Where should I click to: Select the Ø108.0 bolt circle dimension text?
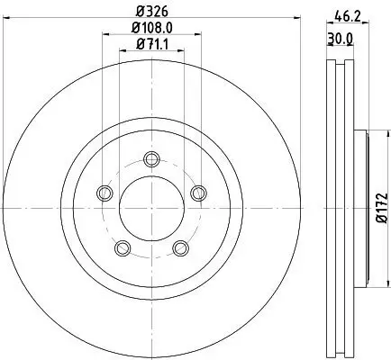tap(150, 29)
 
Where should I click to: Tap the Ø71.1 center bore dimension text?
tap(150, 45)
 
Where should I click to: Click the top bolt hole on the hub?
tap(150, 160)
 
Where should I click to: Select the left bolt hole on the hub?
tap(105, 193)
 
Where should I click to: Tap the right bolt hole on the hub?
tap(195, 191)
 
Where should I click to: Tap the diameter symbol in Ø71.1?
tap(139, 45)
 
